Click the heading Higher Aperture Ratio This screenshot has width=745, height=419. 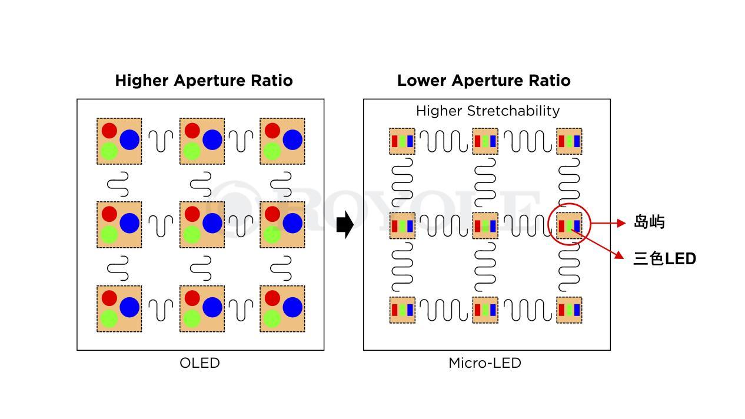click(204, 81)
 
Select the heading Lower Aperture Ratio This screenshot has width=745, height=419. click(483, 81)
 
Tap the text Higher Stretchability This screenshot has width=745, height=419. click(487, 111)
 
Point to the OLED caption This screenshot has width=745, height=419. click(199, 363)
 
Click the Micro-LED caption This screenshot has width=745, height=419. click(484, 363)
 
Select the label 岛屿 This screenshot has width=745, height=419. click(648, 222)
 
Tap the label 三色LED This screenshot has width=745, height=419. click(664, 258)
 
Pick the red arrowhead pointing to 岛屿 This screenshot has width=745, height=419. click(621, 224)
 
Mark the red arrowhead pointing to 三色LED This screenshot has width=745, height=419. click(620, 255)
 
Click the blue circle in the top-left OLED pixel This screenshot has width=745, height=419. click(129, 140)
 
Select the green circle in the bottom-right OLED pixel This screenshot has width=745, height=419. click(271, 319)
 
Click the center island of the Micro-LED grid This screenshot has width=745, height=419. click(485, 225)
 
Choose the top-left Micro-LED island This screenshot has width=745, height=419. click(402, 141)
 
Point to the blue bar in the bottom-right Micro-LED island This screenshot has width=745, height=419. click(577, 310)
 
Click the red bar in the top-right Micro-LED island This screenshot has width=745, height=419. click(561, 141)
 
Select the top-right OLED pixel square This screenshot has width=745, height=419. click(282, 141)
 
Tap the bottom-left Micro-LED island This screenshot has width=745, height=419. click(402, 310)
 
